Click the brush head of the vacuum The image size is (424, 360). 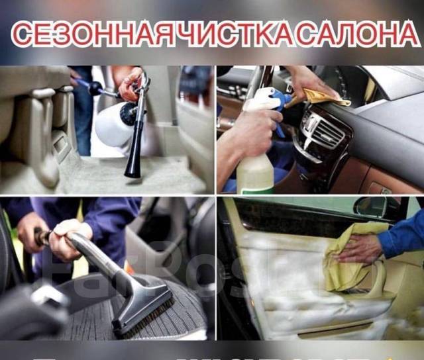[142, 311]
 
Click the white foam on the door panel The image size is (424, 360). [285, 278]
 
